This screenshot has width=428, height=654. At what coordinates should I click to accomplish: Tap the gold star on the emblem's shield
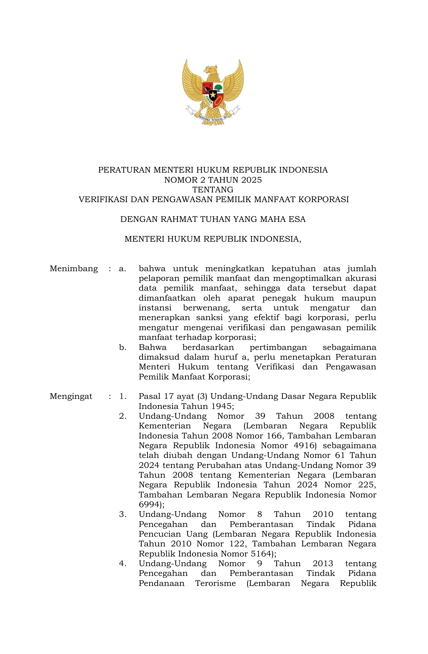pyautogui.click(x=213, y=95)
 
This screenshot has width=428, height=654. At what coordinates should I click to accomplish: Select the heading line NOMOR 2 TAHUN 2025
pyautogui.click(x=213, y=180)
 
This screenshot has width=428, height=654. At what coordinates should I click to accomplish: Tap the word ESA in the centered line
pyautogui.click(x=298, y=219)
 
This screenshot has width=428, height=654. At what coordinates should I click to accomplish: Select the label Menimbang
pyautogui.click(x=74, y=269)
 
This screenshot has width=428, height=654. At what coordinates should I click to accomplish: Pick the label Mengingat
pyautogui.click(x=71, y=396)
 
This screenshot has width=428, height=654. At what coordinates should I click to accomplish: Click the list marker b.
pyautogui.click(x=122, y=347)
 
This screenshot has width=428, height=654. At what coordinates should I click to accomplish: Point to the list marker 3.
pyautogui.click(x=122, y=514)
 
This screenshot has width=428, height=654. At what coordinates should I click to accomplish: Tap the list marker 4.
pyautogui.click(x=122, y=563)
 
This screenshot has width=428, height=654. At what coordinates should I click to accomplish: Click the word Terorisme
pyautogui.click(x=215, y=583)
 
